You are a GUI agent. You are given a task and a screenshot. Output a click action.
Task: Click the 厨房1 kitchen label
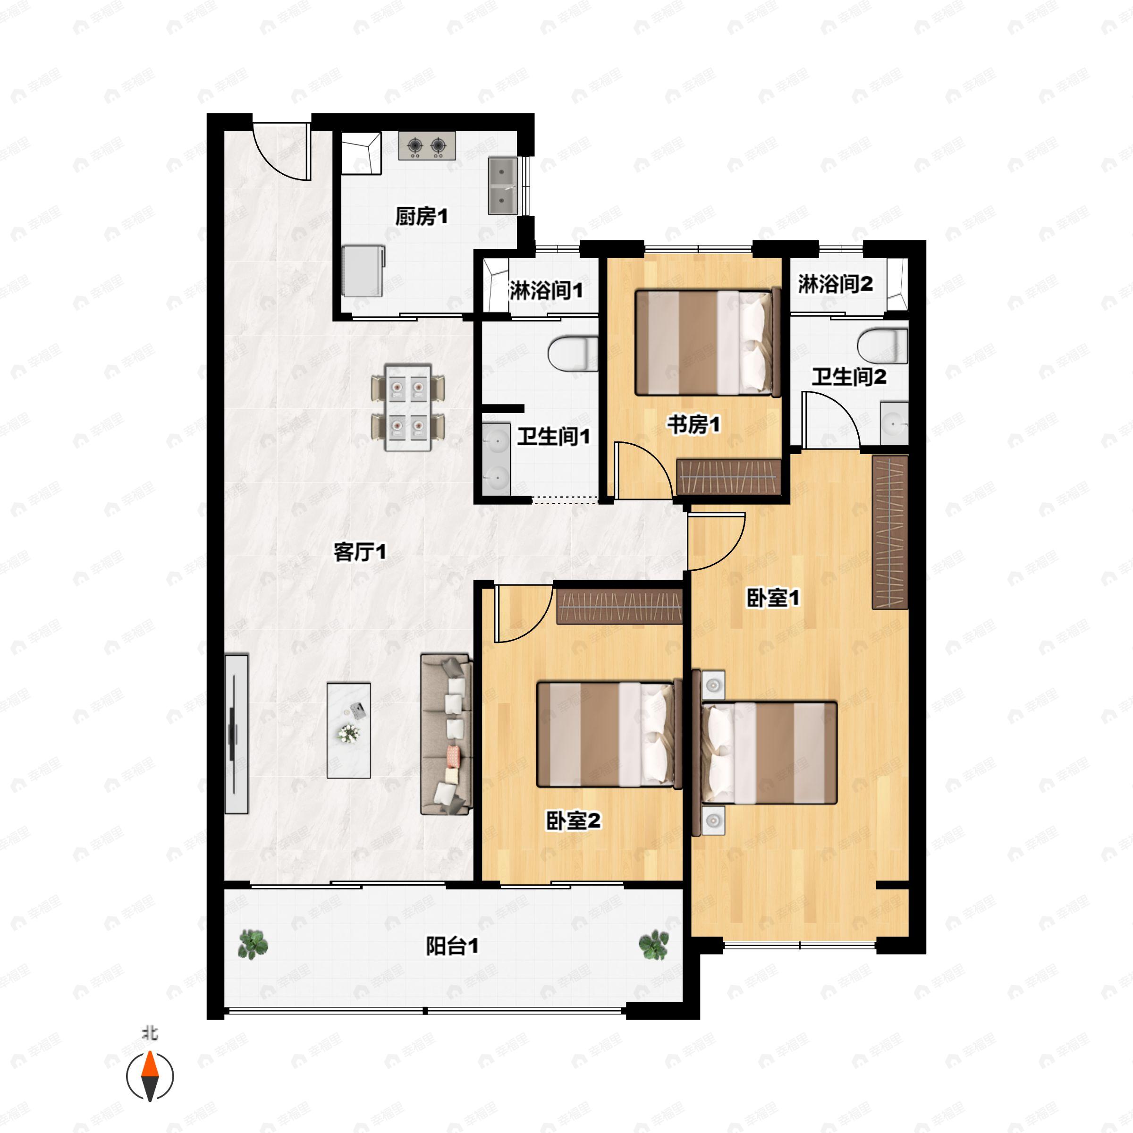point(421,217)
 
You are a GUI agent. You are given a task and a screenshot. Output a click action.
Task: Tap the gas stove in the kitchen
point(427,145)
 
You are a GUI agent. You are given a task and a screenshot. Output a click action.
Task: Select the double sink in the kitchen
point(503,186)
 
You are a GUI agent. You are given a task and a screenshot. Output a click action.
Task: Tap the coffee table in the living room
point(348,730)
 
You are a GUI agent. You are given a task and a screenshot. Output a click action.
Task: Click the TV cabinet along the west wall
point(237,734)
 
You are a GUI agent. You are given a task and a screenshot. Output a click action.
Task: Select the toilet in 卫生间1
point(573,353)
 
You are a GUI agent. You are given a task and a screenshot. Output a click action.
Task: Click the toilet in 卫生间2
point(883,346)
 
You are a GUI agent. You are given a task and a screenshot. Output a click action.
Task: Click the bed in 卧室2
point(609,734)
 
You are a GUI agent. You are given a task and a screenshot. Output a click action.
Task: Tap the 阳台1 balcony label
point(452,946)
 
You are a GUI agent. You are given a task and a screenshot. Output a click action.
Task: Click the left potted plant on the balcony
point(254,944)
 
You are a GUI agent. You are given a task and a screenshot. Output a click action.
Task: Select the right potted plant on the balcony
point(653,945)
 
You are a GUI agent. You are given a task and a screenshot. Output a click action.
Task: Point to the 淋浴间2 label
point(835,284)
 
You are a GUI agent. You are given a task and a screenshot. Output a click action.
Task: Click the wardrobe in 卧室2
point(619,606)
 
